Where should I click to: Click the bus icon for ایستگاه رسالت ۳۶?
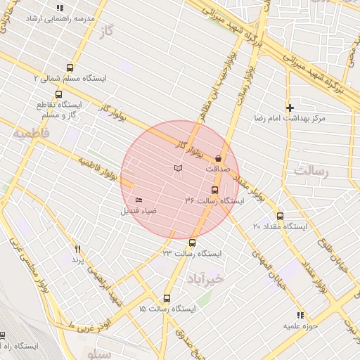click(214, 190)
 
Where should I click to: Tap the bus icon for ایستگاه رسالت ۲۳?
click(192, 243)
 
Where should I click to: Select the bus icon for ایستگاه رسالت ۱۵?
click(167, 298)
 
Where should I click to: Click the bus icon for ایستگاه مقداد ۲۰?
click(280, 216)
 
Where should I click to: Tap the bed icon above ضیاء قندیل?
click(138, 200)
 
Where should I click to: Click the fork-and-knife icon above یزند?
click(77, 249)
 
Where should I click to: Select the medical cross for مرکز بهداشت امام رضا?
click(289, 108)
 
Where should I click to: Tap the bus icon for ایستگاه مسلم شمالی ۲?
click(69, 67)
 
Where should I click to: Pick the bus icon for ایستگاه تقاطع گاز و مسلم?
click(58, 94)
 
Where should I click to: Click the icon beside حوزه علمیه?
click(300, 315)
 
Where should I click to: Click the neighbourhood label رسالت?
click(312, 170)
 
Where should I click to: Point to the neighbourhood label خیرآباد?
click(205, 280)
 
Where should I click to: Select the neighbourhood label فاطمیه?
click(32, 132)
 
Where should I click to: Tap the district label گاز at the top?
click(106, 33)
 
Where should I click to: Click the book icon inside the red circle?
click(179, 168)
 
